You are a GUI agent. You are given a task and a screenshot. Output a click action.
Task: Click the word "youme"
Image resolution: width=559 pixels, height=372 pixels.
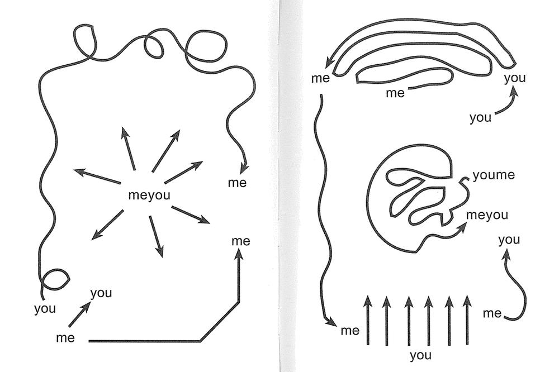coord(494,175)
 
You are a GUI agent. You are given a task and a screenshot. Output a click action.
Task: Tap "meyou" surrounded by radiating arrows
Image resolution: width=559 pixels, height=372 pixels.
coord(149,195)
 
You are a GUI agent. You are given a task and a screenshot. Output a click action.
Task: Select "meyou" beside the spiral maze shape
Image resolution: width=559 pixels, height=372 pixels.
coord(487,215)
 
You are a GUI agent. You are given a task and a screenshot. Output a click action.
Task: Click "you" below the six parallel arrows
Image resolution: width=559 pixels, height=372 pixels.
coord(421,355)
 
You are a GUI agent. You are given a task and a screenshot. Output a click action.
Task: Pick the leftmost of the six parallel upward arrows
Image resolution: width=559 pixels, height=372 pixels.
coord(368,320)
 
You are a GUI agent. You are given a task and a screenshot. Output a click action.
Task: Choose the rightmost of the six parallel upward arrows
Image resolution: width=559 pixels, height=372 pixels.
coord(467,320)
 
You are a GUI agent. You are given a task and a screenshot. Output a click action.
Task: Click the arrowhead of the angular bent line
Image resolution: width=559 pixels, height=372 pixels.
coord(239,254)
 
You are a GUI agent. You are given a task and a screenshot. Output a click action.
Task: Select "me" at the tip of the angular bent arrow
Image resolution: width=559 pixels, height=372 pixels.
coord(240,241)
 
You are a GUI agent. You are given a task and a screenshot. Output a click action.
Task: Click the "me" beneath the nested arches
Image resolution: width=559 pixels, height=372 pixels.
coord(395,93)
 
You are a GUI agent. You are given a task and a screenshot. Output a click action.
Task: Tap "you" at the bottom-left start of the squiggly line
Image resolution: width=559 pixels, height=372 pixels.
coord(45,308)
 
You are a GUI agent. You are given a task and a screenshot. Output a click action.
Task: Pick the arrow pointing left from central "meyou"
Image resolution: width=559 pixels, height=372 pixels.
coord(97,177)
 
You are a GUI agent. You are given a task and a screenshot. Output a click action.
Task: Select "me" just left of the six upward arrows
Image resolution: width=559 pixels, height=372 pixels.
coord(350,331)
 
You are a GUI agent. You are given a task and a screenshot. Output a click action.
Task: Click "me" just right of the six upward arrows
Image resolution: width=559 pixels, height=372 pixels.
coord(492,313)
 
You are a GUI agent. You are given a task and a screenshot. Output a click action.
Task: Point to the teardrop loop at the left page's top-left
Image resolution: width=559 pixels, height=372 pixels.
coord(86,40)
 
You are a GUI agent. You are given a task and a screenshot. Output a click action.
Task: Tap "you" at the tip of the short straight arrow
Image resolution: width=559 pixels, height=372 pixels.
coord(101,293)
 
